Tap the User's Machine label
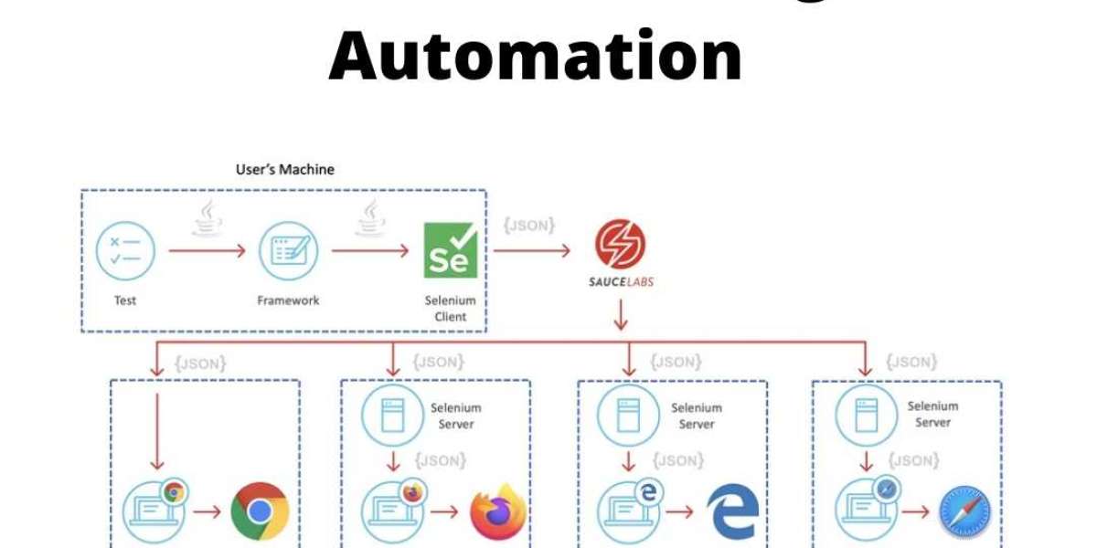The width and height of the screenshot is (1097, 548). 285,169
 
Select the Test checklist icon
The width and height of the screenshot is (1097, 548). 126,251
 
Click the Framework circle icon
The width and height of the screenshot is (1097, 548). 289,251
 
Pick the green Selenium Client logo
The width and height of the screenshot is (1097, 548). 451,250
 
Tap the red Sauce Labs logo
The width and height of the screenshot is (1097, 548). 621,244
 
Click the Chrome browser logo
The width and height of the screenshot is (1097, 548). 260,512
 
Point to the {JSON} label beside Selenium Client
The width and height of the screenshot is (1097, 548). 529,225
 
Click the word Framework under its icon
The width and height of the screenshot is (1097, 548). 289,300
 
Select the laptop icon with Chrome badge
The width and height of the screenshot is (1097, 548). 154,511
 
